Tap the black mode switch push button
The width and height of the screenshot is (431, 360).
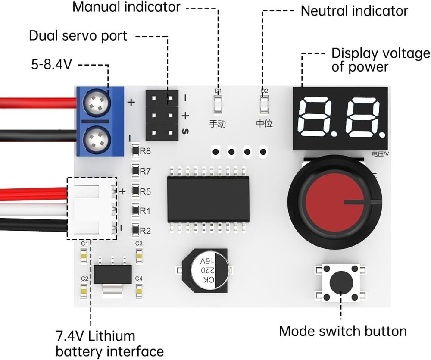(340, 283)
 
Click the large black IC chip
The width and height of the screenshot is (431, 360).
(208, 199)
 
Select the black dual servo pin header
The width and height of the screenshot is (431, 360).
(162, 115)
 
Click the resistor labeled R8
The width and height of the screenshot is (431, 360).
(135, 151)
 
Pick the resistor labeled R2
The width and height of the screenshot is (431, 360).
(135, 231)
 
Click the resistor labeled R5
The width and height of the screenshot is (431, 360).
(135, 191)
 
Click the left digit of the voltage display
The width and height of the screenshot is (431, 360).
(318, 117)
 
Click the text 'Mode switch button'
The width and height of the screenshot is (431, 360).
(343, 331)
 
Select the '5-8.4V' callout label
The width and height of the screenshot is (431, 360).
(51, 65)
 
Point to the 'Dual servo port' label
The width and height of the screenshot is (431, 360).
(78, 35)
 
